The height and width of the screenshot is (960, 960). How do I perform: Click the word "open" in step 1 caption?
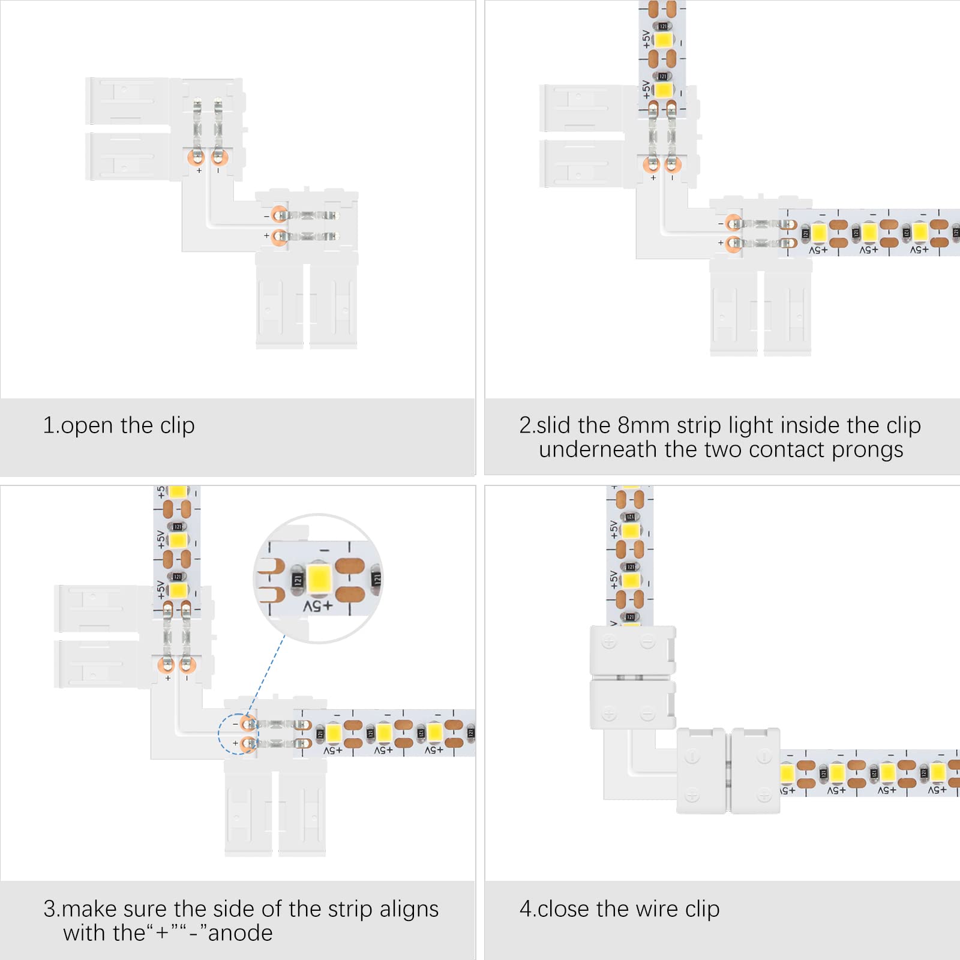click(87, 427)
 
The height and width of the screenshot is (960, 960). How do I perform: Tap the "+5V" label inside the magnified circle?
click(318, 607)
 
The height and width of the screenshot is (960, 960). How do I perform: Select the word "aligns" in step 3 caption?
click(409, 910)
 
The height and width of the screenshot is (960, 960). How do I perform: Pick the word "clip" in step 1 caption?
click(177, 425)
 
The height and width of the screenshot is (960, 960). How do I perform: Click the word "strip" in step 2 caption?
click(699, 426)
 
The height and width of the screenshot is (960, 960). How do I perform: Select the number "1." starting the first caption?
click(51, 425)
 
